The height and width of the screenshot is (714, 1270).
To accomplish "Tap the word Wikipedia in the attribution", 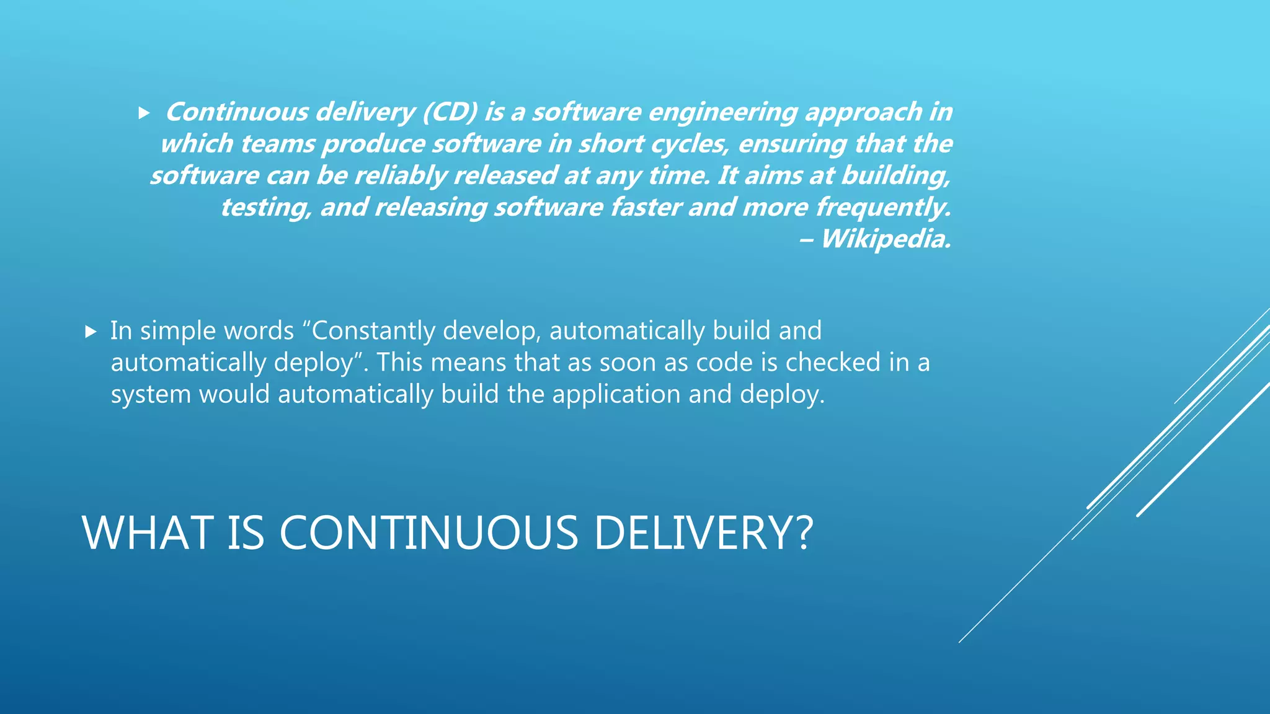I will (x=885, y=239).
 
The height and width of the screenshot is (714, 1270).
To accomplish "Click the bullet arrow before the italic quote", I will (x=144, y=113).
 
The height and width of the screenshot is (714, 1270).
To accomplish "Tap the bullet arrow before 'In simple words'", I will (x=91, y=332).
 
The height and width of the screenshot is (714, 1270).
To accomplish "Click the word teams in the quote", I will (x=279, y=144).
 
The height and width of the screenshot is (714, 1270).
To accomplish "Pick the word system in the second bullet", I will (x=151, y=395).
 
